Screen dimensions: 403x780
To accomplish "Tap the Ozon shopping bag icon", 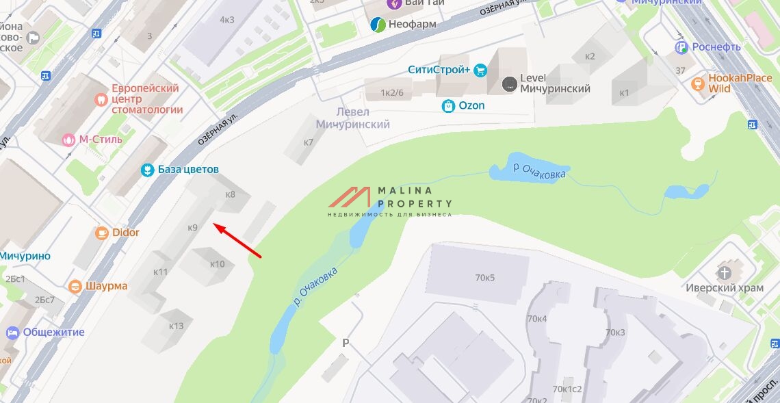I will (x=448, y=106).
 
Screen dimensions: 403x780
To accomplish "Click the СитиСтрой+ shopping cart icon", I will (x=480, y=70).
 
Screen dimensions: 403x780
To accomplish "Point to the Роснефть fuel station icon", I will (x=681, y=47).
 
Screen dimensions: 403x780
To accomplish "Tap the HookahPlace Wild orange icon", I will (x=698, y=83).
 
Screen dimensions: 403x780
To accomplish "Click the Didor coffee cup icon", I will (x=102, y=233).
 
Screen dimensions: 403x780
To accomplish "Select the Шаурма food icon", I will (x=75, y=286).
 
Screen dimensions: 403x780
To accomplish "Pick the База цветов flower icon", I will (x=146, y=170).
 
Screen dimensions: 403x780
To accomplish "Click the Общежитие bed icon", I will (x=12, y=333).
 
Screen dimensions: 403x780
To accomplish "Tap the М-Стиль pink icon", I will (x=68, y=140).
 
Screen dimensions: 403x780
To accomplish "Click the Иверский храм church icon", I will (x=725, y=273).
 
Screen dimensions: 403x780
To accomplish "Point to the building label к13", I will (x=177, y=326).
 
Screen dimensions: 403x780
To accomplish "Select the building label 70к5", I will (x=484, y=277).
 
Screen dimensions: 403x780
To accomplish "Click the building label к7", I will (x=308, y=142).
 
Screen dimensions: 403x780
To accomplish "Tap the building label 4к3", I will (x=226, y=19).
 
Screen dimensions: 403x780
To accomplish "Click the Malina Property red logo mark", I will (x=350, y=197).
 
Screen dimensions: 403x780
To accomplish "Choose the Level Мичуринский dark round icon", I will (x=509, y=84).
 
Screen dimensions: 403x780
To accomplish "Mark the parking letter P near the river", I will (x=346, y=343).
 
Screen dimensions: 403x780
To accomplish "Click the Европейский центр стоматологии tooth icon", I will (x=102, y=99).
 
